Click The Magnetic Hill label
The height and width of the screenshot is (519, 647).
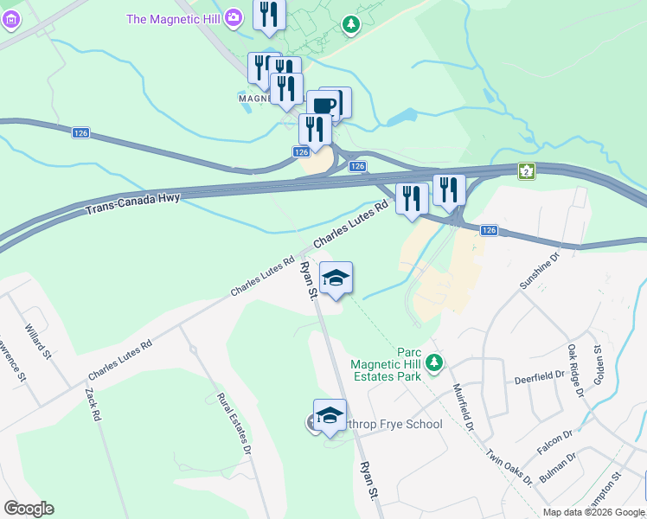coord(175,18)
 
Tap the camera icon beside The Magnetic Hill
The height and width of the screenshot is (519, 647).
coord(234,17)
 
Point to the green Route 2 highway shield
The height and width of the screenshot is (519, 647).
coord(525,171)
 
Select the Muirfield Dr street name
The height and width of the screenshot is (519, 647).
coord(464,407)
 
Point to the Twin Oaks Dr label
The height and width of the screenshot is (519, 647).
coord(508,466)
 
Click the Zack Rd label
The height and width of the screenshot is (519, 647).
coord(93,404)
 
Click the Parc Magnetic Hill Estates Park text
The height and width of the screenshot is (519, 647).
coord(386,364)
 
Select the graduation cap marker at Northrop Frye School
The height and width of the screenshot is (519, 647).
coord(330,414)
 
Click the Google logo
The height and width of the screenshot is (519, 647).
coord(29,509)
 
